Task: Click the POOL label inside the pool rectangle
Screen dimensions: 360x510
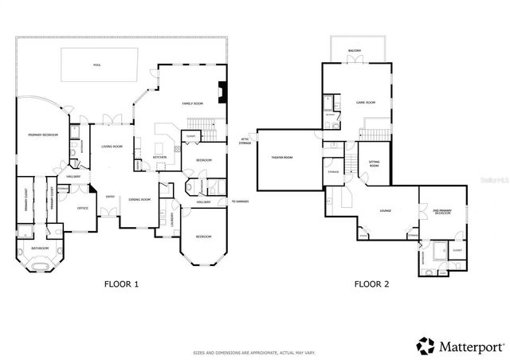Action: pyautogui.click(x=97, y=65)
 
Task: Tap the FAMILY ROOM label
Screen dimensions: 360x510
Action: pyautogui.click(x=193, y=104)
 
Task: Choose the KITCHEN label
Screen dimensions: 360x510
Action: pyautogui.click(x=159, y=158)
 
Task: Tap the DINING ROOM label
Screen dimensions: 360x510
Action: pyautogui.click(x=139, y=199)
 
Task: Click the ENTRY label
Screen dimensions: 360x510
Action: pyautogui.click(x=111, y=197)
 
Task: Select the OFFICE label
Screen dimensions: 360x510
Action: pyautogui.click(x=81, y=208)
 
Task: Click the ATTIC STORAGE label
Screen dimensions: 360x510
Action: pyautogui.click(x=245, y=142)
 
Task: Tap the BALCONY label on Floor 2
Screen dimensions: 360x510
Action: pyautogui.click(x=355, y=51)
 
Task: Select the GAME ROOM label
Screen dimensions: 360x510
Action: pyautogui.click(x=365, y=103)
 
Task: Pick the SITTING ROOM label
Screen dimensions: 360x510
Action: pyautogui.click(x=374, y=162)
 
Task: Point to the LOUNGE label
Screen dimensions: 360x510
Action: pyautogui.click(x=385, y=211)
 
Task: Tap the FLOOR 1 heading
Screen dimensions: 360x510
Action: pyautogui.click(x=121, y=284)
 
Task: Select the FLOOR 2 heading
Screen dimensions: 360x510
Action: pyautogui.click(x=371, y=284)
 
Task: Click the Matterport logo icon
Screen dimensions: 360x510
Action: pyautogui.click(x=426, y=345)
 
